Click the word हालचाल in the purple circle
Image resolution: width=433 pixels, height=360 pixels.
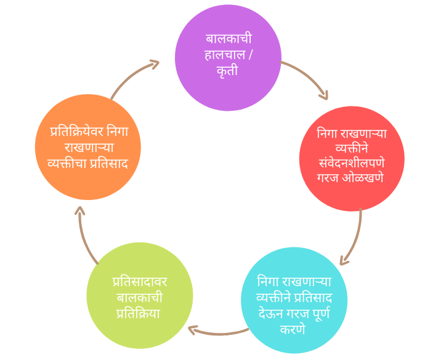(225, 54)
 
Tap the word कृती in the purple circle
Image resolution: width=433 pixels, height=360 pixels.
(227, 71)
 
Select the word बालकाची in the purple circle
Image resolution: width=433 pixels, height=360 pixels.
(229, 38)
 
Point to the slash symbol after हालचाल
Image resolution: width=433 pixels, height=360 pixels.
(250, 54)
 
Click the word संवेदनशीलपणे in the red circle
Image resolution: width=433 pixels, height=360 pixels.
(352, 162)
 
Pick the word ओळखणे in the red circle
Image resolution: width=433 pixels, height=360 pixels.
(363, 177)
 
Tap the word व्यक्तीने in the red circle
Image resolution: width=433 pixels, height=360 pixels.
(352, 148)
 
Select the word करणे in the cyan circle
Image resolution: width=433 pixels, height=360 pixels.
(293, 329)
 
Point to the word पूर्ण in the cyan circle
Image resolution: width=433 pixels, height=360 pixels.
(321, 314)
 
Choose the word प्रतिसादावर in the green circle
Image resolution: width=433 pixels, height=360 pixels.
(140, 282)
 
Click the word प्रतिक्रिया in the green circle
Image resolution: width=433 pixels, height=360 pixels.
(139, 313)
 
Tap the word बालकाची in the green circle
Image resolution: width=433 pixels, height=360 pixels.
(139, 297)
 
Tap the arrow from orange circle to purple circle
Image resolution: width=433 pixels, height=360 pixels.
(131, 74)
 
